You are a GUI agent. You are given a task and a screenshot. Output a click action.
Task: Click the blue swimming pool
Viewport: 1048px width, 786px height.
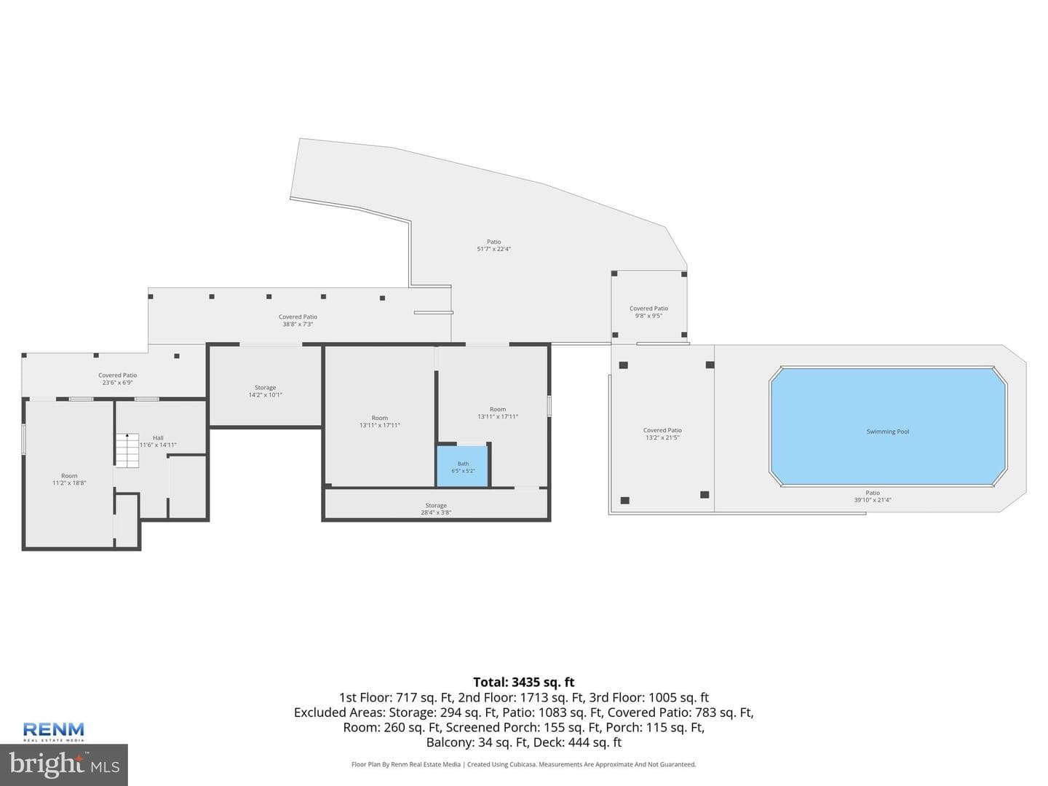(x=888, y=426)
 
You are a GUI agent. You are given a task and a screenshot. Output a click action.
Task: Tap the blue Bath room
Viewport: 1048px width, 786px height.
(x=462, y=467)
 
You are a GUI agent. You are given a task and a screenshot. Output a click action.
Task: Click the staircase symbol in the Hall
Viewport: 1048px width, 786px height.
(x=127, y=450)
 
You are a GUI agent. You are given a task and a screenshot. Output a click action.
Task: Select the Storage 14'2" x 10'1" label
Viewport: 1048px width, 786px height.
(x=265, y=392)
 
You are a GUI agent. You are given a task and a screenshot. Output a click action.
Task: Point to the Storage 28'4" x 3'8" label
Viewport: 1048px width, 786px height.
(x=436, y=509)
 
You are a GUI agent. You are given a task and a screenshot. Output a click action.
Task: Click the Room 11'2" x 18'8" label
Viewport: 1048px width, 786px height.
(x=69, y=479)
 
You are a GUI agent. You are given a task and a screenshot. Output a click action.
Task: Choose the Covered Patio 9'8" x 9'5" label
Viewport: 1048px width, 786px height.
(x=648, y=312)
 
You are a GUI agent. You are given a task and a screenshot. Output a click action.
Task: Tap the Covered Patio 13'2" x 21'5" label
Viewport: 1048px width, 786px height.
(x=662, y=434)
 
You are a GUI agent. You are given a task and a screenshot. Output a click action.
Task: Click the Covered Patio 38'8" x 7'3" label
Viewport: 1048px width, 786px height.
(x=298, y=320)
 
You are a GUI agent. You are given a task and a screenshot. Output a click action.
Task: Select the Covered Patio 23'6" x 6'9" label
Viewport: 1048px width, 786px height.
(x=117, y=379)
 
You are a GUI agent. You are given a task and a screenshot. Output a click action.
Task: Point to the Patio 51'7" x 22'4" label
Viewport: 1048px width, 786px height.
(x=493, y=245)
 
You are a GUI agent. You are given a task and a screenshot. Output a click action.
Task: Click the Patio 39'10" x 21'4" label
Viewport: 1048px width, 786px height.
(x=873, y=496)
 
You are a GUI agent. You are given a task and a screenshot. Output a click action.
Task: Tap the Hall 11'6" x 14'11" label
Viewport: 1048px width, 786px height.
(x=158, y=442)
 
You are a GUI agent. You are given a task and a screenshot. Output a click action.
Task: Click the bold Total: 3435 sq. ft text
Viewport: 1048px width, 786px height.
(x=524, y=682)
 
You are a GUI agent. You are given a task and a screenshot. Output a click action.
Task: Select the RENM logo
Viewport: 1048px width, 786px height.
(x=53, y=731)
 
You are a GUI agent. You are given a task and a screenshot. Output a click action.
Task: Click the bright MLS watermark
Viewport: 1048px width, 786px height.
(x=64, y=764)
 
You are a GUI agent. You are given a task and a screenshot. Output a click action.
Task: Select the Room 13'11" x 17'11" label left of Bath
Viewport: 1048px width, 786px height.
(x=380, y=421)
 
